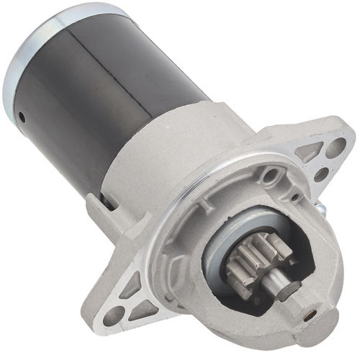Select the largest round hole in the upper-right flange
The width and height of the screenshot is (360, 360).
click(x=336, y=148)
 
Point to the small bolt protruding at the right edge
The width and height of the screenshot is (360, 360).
click(x=321, y=208)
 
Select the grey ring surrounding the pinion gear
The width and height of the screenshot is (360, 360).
click(x=223, y=252)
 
